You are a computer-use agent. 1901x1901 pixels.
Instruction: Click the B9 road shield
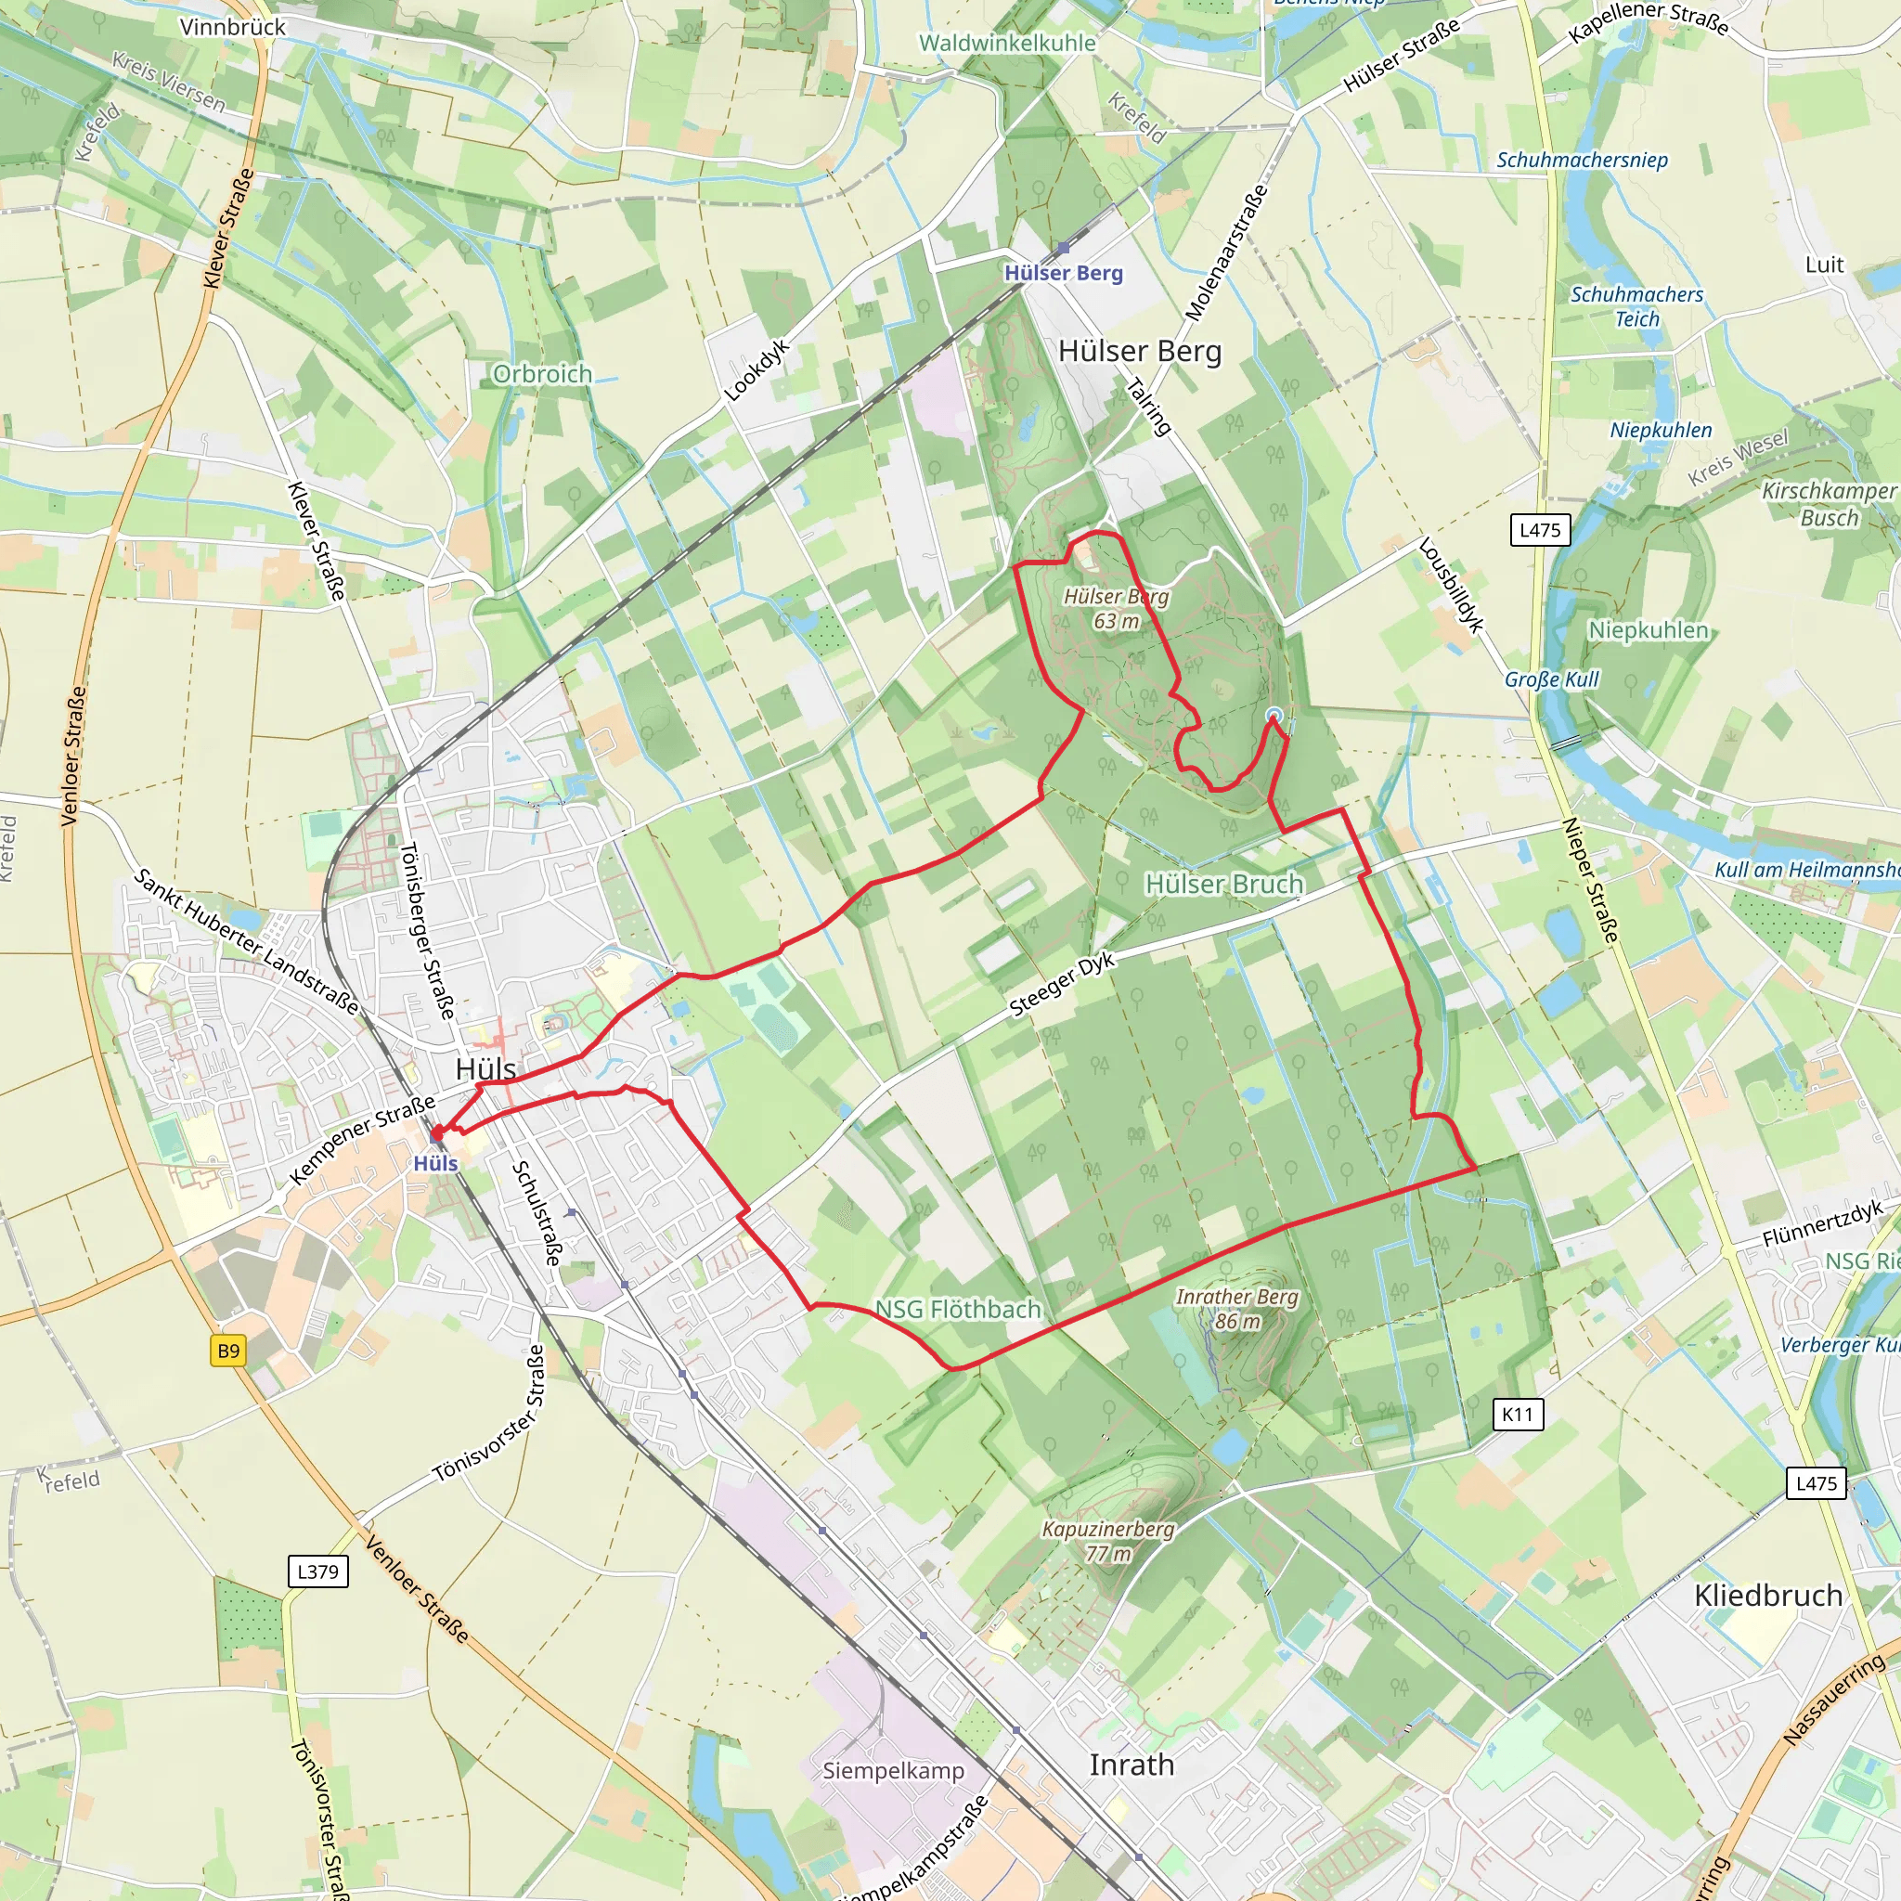[228, 1351]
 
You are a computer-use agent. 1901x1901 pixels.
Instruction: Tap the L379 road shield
[317, 1571]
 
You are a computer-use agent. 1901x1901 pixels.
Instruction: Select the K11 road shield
[1519, 1415]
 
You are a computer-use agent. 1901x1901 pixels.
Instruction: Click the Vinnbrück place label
[233, 27]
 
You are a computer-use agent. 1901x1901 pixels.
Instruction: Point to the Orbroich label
[542, 374]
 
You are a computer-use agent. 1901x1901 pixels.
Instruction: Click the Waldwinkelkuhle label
[1006, 44]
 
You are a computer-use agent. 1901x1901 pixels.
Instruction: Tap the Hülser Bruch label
[1224, 885]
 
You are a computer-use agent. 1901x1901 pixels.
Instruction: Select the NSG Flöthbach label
[958, 1310]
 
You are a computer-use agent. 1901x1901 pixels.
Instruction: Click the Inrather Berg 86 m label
[1236, 1309]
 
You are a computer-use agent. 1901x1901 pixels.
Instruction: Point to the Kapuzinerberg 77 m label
[1108, 1541]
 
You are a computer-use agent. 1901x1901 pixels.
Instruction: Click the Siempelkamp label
[894, 1771]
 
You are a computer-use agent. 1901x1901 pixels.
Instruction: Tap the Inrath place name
[1132, 1765]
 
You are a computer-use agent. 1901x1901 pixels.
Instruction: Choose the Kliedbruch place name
[1768, 1596]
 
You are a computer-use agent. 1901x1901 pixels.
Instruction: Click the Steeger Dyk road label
[1063, 984]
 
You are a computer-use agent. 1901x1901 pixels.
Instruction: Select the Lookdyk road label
[757, 370]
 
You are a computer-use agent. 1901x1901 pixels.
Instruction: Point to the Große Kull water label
[1552, 679]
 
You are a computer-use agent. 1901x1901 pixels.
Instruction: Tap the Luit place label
[1824, 265]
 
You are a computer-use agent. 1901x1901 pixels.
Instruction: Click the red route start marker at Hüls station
[436, 1134]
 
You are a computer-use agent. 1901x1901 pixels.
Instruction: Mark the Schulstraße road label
[537, 1212]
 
